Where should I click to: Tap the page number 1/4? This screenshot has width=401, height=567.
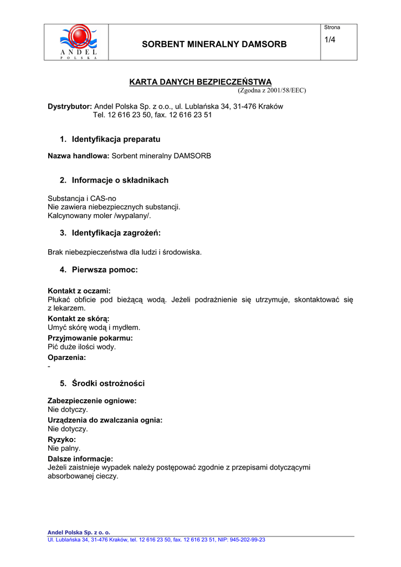point(330,39)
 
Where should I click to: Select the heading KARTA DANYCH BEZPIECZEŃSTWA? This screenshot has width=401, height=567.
point(200,82)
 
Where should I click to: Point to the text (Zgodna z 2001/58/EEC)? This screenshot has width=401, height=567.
point(271,90)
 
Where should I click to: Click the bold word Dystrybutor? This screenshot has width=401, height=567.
point(70,106)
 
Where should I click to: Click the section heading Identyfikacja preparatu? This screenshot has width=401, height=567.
point(116,140)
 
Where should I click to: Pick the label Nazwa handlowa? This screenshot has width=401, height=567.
point(79,156)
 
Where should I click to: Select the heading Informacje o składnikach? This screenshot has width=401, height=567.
point(120,181)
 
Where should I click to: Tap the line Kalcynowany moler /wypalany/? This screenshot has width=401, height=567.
point(99,216)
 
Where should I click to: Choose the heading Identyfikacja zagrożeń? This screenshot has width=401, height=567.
point(120,233)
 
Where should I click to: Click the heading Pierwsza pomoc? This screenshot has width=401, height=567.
point(105,270)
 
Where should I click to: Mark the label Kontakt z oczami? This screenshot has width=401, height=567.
point(79,291)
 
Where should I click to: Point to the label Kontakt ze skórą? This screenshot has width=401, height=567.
point(79,319)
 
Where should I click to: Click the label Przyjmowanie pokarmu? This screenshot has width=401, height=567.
point(90,338)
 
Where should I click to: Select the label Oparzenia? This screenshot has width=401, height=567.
point(67,358)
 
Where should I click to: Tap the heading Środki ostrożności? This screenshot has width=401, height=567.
point(108,383)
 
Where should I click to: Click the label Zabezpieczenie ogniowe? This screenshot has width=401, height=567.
point(92,400)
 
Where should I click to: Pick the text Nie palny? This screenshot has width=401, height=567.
point(64,449)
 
